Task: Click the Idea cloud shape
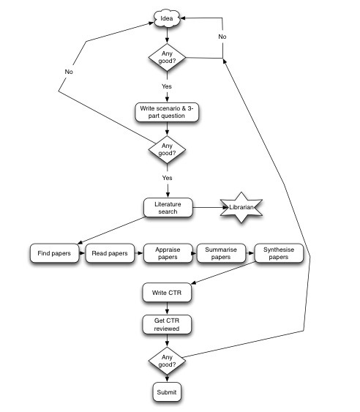[x=167, y=18]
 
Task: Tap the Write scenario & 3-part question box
[x=168, y=112]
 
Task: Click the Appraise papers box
[x=168, y=254]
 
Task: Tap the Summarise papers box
[x=222, y=254]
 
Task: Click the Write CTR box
[x=167, y=293]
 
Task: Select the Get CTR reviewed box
[x=167, y=325]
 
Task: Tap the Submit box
[x=167, y=393]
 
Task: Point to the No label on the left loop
[x=69, y=72]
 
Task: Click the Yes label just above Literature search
[x=167, y=178]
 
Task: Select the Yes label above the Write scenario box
[x=167, y=86]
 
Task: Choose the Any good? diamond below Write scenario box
[x=167, y=149]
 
